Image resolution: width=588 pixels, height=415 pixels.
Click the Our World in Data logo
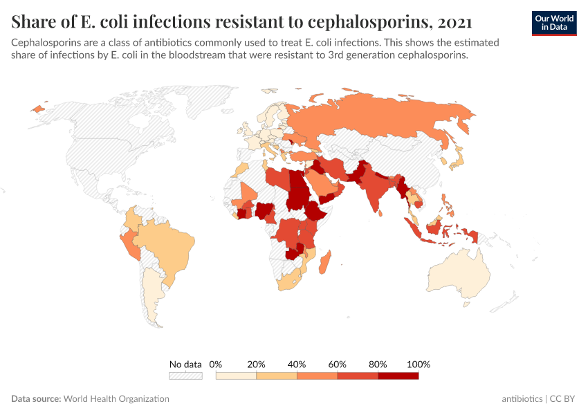554,23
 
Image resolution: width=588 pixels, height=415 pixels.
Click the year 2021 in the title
454,22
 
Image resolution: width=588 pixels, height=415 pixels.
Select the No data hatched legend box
185,376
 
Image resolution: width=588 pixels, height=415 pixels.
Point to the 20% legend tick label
257,364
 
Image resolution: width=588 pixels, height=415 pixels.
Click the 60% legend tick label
338,364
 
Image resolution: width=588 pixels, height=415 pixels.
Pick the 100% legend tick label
419,364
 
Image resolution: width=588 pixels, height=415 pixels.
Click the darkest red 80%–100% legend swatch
398,376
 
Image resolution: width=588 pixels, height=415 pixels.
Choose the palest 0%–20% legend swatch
236,376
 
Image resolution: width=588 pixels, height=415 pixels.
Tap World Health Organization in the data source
116,399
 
